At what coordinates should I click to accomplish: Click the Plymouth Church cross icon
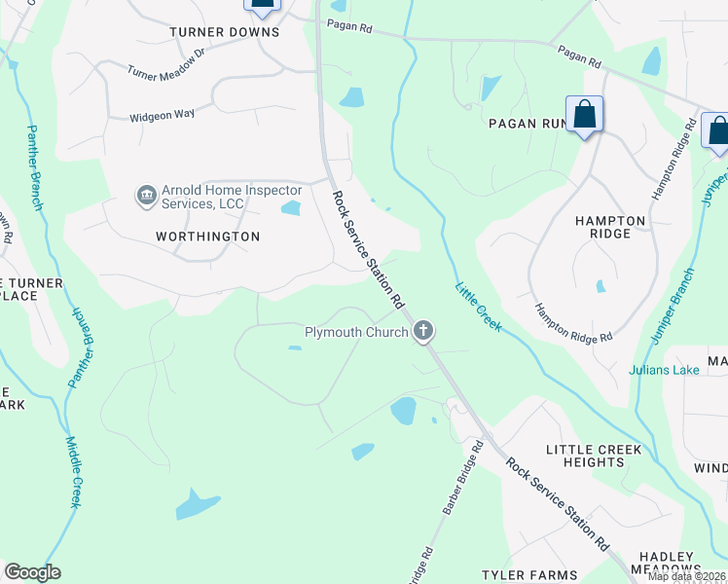[x=423, y=332]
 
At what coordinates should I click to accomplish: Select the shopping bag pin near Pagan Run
[x=584, y=115]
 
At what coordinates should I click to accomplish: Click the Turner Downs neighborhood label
[x=224, y=32]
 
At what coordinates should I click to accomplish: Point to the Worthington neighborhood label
[x=207, y=237]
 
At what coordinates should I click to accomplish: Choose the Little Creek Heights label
[x=594, y=456]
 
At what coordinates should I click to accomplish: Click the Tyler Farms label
[x=529, y=575]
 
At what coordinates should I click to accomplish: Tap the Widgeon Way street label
[x=163, y=115]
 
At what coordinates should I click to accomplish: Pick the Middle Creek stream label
[x=74, y=471]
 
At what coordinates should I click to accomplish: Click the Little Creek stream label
[x=478, y=307]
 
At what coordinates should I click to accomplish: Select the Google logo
[x=33, y=572]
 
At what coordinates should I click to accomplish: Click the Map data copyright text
[x=686, y=576]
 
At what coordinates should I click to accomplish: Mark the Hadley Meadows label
[x=666, y=562]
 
